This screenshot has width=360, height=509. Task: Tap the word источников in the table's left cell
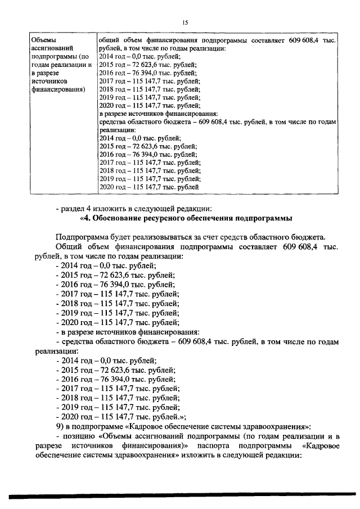[x=51, y=80]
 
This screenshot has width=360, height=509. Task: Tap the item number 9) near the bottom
[x=61, y=426]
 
